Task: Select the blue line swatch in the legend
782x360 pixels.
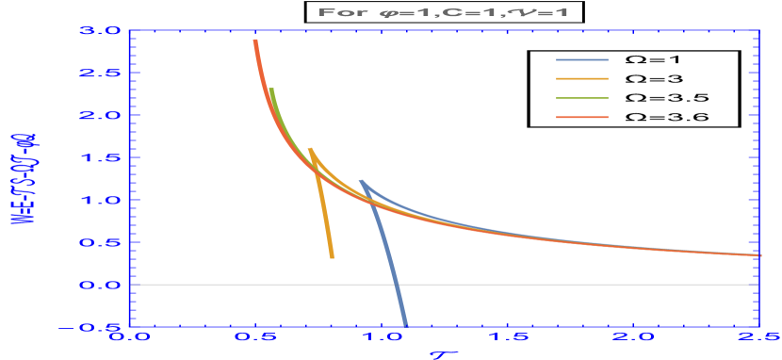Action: [581, 59]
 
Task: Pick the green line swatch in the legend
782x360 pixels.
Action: [581, 98]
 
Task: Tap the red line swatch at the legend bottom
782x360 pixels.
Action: [581, 118]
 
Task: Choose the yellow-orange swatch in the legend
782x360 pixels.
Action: [581, 79]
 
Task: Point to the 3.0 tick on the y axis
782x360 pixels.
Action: [100, 30]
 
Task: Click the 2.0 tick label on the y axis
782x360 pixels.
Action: [100, 115]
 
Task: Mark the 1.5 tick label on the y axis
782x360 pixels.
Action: [100, 157]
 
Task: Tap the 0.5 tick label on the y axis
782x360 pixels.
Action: [100, 242]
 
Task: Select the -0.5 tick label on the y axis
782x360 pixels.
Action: [96, 327]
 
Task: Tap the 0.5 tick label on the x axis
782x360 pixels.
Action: [256, 336]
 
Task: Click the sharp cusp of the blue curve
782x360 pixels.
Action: [360, 180]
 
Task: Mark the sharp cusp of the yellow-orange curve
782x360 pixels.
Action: [309, 148]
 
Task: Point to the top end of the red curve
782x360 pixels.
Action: [254, 41]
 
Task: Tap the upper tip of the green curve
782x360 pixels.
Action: [271, 90]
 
